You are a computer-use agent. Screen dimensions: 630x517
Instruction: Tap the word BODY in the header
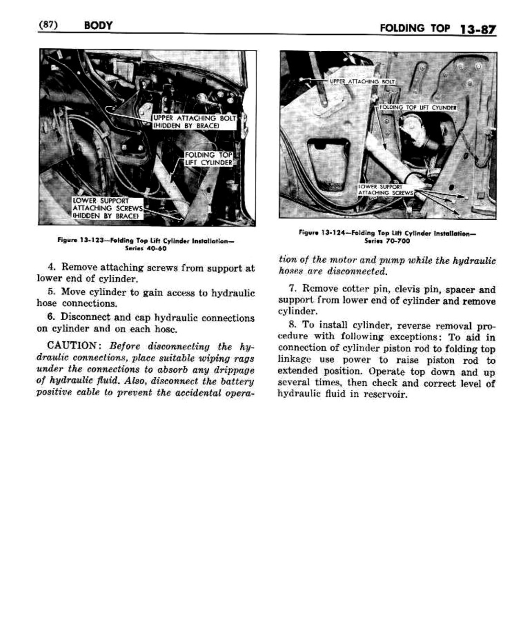[98, 25]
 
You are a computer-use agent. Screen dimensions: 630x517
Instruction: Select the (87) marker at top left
[48, 24]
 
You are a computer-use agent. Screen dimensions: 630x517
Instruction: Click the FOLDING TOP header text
[415, 28]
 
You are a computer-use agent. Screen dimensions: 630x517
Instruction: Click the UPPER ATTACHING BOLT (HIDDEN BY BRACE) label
[194, 122]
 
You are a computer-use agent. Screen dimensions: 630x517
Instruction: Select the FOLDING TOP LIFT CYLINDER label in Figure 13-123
[209, 159]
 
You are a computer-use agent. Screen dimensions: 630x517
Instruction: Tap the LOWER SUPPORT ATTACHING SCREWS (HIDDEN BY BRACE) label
[107, 208]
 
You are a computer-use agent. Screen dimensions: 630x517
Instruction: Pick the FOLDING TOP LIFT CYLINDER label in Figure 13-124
[418, 108]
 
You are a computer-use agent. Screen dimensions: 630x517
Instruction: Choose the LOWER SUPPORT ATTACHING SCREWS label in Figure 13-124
[386, 190]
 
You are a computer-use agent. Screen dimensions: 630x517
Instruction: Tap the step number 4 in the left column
[51, 267]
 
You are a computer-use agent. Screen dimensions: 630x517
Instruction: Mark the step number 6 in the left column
[50, 317]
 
